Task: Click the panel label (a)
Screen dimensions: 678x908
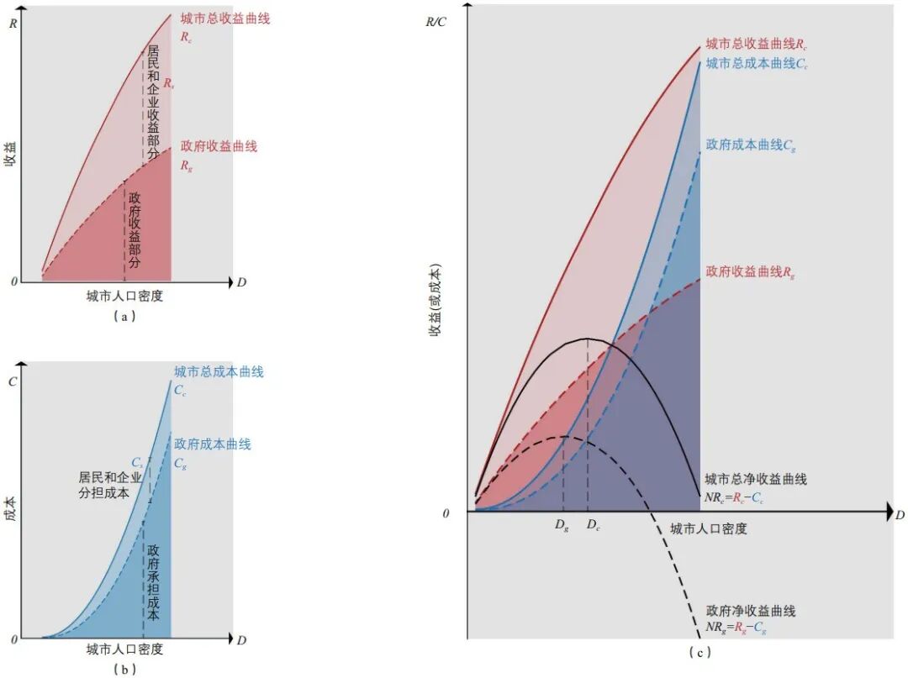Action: coord(124,317)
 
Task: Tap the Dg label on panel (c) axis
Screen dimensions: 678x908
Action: coord(562,526)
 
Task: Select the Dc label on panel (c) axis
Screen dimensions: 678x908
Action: coord(593,526)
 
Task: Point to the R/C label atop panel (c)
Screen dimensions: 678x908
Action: coord(436,20)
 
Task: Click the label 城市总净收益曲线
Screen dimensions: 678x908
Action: coord(755,480)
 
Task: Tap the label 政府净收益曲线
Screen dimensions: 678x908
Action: coord(750,611)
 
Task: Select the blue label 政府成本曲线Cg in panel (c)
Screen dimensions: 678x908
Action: coord(751,145)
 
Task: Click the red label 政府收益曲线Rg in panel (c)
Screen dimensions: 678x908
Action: coord(750,271)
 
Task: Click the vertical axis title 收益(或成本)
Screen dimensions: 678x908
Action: coord(435,302)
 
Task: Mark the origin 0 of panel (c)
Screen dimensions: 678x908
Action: coord(446,512)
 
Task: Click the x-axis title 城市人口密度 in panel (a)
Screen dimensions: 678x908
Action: coord(124,297)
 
